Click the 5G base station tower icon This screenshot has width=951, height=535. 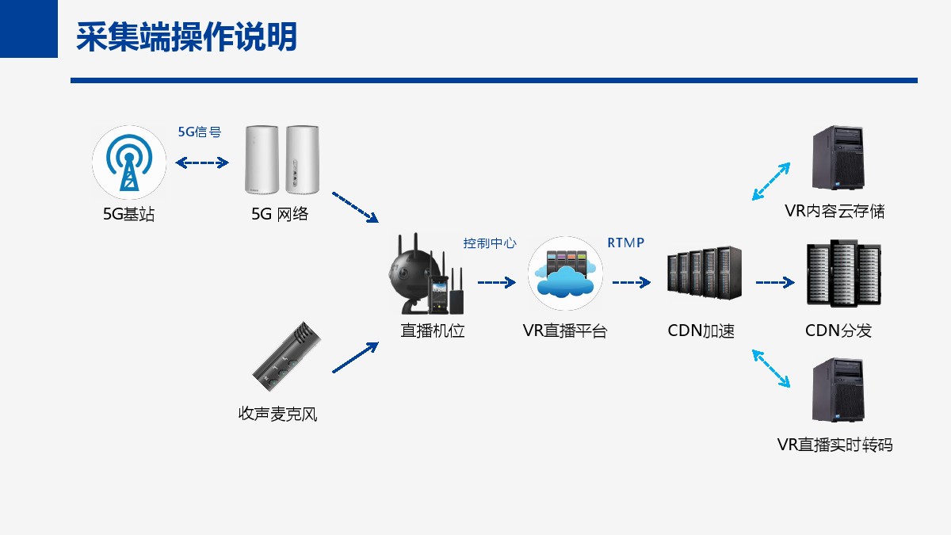(x=129, y=162)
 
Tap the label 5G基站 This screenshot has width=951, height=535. (x=128, y=214)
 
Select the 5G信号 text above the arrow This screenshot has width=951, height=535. (x=200, y=132)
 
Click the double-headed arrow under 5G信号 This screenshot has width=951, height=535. (x=202, y=162)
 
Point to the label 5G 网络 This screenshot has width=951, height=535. (x=280, y=214)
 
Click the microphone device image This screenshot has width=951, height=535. (x=287, y=356)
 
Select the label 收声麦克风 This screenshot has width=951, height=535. (x=277, y=414)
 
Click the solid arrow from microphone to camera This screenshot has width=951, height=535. (x=355, y=357)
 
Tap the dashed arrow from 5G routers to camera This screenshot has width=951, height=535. (x=355, y=207)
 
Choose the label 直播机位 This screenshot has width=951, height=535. (x=433, y=331)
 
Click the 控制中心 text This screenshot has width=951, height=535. (x=490, y=243)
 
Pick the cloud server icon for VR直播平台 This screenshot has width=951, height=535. (x=565, y=273)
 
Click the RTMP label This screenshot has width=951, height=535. (x=626, y=243)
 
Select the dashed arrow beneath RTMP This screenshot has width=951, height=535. (x=632, y=282)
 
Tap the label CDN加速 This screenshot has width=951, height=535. (x=701, y=331)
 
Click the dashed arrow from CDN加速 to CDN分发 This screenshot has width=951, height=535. (x=775, y=282)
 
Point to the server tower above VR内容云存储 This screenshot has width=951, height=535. (x=838, y=158)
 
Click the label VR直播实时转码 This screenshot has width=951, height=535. (x=835, y=445)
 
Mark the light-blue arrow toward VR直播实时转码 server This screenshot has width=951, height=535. (x=771, y=369)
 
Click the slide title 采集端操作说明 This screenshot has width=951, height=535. (x=186, y=37)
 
